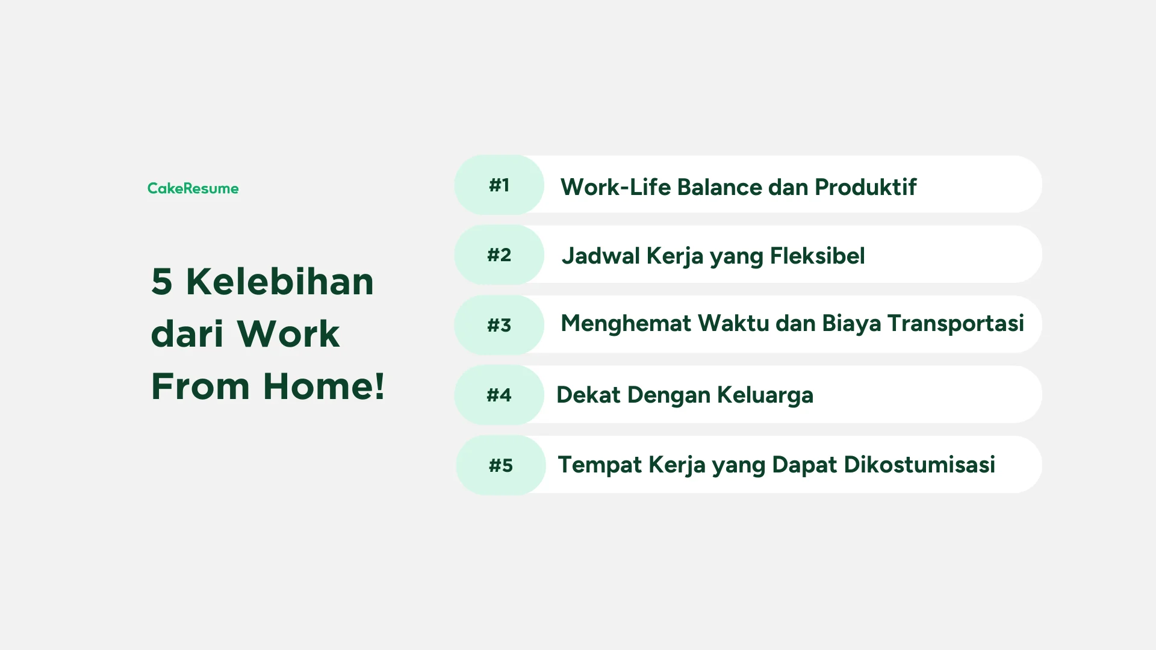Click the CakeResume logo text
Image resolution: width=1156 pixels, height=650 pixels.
(193, 188)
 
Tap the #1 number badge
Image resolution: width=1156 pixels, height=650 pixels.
(499, 185)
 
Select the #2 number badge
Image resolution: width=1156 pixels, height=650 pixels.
(499, 255)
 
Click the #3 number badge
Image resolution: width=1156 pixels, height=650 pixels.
(499, 325)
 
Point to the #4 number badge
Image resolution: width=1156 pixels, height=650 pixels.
(499, 395)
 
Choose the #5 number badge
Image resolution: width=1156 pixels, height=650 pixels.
(501, 465)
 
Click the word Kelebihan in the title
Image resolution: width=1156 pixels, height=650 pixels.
(280, 282)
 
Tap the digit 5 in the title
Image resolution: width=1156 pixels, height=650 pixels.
(162, 282)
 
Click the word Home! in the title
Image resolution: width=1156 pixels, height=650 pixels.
(324, 386)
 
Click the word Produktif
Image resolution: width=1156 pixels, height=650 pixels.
(865, 187)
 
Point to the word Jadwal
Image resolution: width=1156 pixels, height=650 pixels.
(600, 256)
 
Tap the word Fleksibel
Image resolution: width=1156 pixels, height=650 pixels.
(817, 256)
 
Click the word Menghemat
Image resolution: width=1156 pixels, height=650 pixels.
(626, 323)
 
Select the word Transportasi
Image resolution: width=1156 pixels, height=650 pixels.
(956, 323)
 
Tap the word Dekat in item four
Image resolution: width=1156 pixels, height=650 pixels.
(588, 395)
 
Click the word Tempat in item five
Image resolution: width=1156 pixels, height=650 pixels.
(600, 465)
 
